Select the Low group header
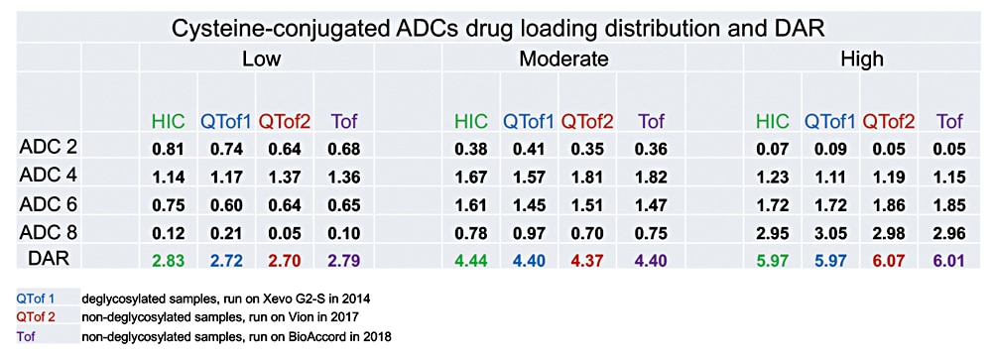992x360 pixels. [x=262, y=59]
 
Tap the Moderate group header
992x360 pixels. [x=563, y=59]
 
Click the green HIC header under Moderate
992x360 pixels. [x=471, y=122]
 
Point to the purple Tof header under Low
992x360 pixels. [x=341, y=122]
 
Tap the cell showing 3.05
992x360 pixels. [x=831, y=234]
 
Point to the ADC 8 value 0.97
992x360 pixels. [x=529, y=234]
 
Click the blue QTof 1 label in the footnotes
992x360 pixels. [x=37, y=299]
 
